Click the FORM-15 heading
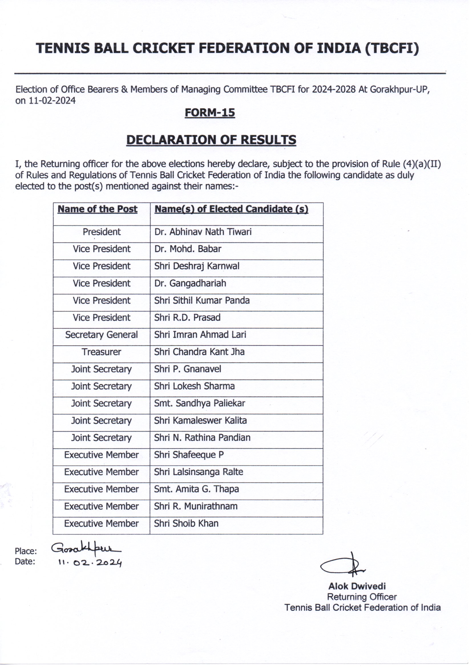click(210, 112)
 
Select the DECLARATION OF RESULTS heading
click(211, 140)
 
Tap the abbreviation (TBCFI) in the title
click(392, 48)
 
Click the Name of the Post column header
click(97, 209)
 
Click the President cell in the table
click(101, 232)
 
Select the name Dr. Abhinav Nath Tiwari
click(203, 232)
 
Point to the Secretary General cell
click(101, 335)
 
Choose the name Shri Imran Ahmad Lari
click(200, 335)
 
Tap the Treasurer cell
click(101, 352)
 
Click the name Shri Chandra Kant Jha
click(199, 352)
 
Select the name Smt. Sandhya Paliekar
click(199, 403)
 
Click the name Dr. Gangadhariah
click(190, 283)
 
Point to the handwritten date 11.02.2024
click(90, 563)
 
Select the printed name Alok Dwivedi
click(357, 586)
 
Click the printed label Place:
click(26, 551)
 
